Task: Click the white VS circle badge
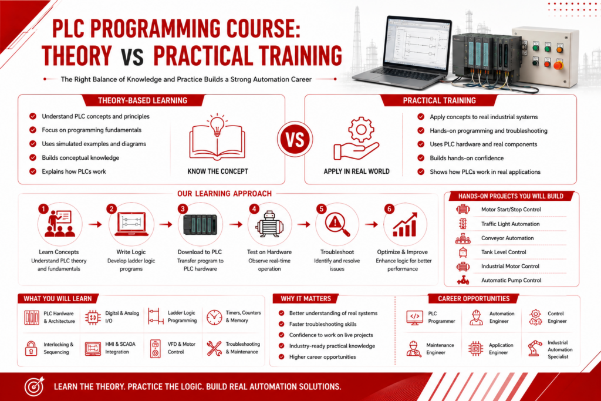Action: (295, 139)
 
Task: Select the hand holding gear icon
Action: (356, 139)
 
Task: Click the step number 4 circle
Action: (254, 209)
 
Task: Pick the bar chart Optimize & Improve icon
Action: (405, 225)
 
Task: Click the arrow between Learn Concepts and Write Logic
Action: (95, 225)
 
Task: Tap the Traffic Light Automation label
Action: (510, 224)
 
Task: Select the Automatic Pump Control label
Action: (511, 280)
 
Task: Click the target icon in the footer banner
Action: (35, 386)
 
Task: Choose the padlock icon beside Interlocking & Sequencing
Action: (31, 349)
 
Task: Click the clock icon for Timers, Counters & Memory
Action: (214, 318)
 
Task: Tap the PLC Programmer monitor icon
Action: (415, 318)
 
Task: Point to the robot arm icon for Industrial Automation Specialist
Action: (535, 349)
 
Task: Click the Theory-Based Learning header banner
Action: (143, 100)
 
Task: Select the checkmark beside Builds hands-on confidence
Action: (421, 158)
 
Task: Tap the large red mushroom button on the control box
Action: (558, 65)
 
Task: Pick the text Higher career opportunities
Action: (322, 357)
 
